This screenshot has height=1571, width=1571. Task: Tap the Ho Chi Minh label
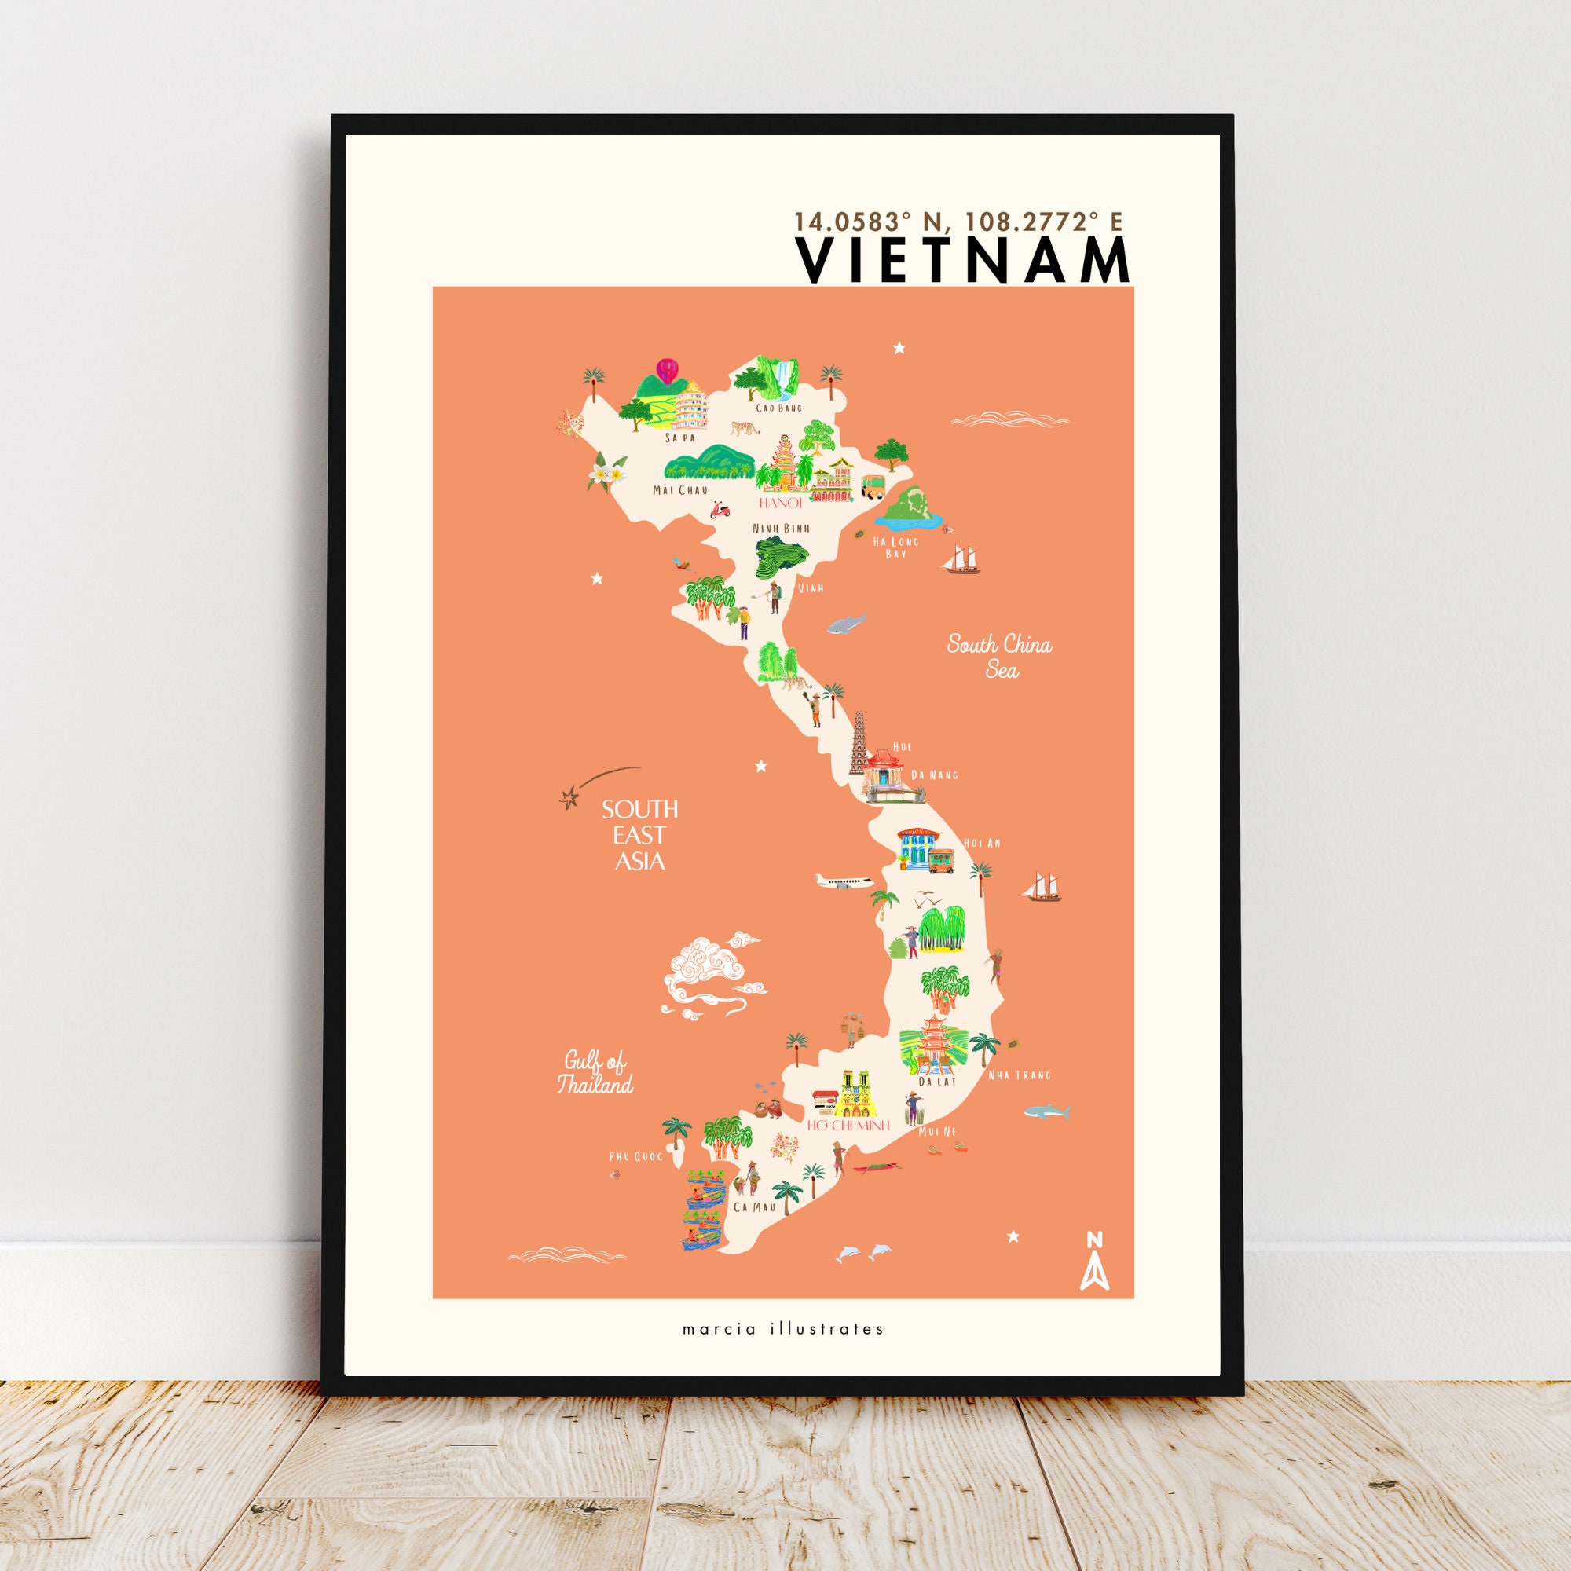(848, 1126)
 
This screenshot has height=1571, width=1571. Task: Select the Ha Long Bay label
(895, 547)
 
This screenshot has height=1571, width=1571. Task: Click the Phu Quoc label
(636, 1156)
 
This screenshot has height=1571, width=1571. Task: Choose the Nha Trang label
(1019, 1075)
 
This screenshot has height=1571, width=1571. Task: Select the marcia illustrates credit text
(782, 1330)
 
